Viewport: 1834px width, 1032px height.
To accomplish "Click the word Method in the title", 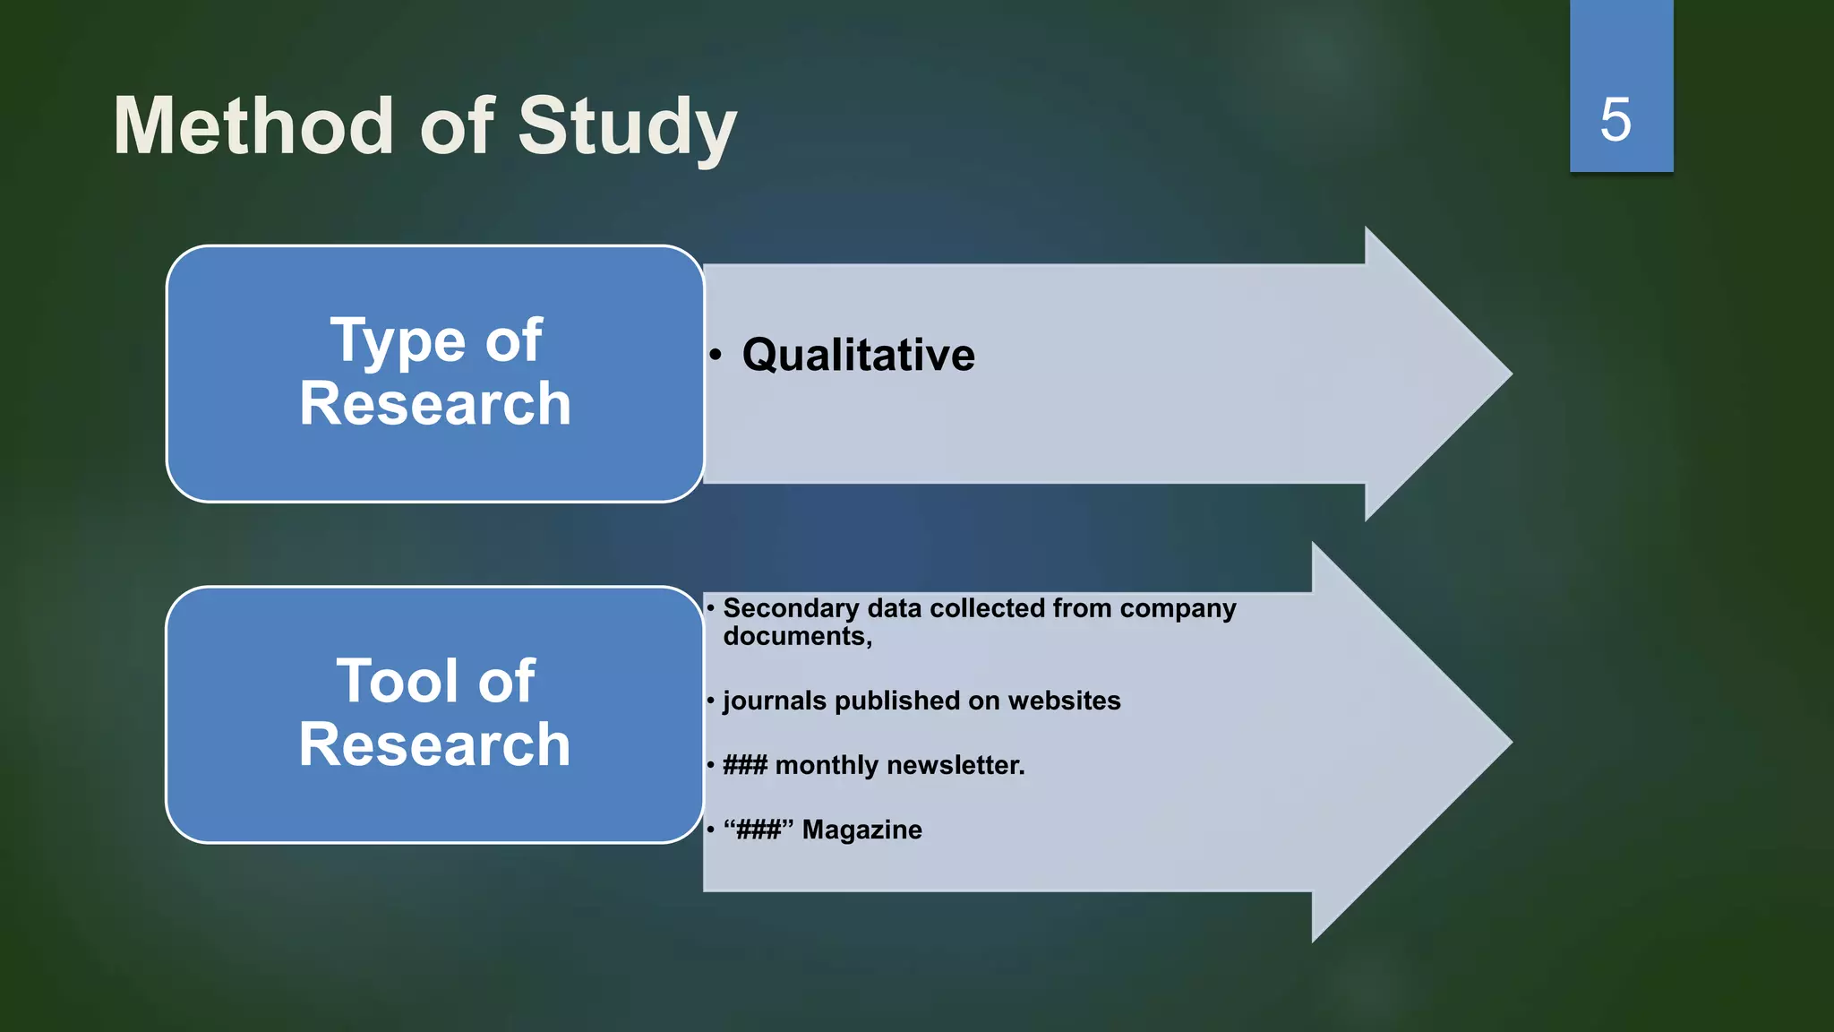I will pos(253,126).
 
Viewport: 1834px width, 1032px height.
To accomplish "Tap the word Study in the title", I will pos(627,128).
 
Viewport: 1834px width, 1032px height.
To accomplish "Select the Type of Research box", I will pos(435,373).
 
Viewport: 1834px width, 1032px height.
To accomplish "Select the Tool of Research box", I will pos(435,714).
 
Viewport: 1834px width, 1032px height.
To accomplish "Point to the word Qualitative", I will pos(858,355).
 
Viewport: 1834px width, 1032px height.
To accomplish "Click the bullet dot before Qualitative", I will pos(715,356).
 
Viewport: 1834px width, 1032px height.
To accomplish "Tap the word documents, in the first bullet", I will pos(797,636).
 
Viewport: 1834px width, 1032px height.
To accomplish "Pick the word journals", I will pos(775,701).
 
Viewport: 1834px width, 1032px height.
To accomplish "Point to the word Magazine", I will pos(861,830).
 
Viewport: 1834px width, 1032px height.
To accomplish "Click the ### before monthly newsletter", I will pos(745,765).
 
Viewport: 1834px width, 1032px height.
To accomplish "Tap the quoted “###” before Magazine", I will pos(758,830).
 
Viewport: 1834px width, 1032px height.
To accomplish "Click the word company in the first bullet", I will pos(1178,608).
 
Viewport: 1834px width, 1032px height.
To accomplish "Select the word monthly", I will pos(827,765).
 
